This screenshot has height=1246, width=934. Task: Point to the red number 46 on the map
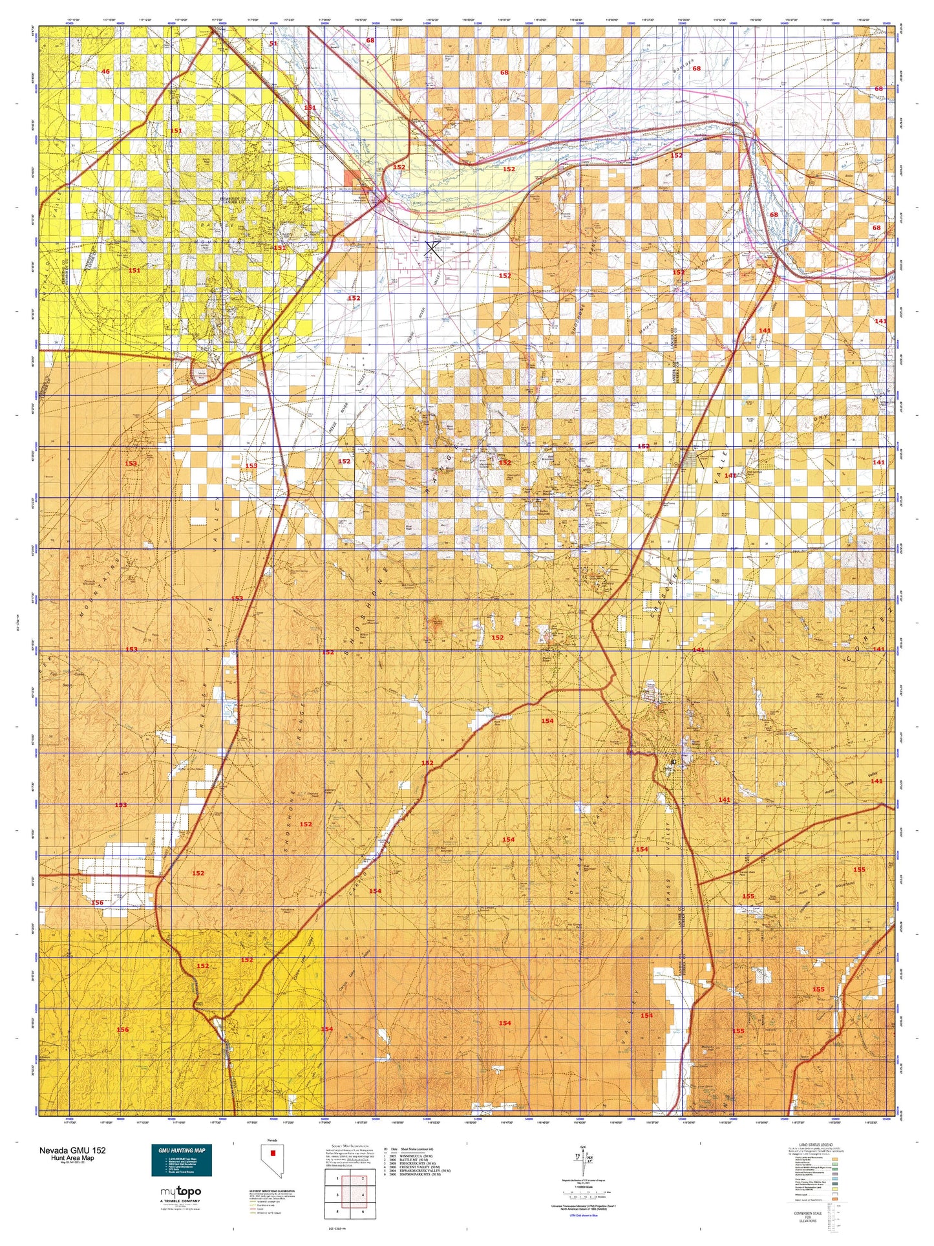(x=105, y=71)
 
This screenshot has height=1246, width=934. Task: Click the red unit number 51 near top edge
(x=273, y=43)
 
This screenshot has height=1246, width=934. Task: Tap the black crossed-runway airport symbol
(x=434, y=250)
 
